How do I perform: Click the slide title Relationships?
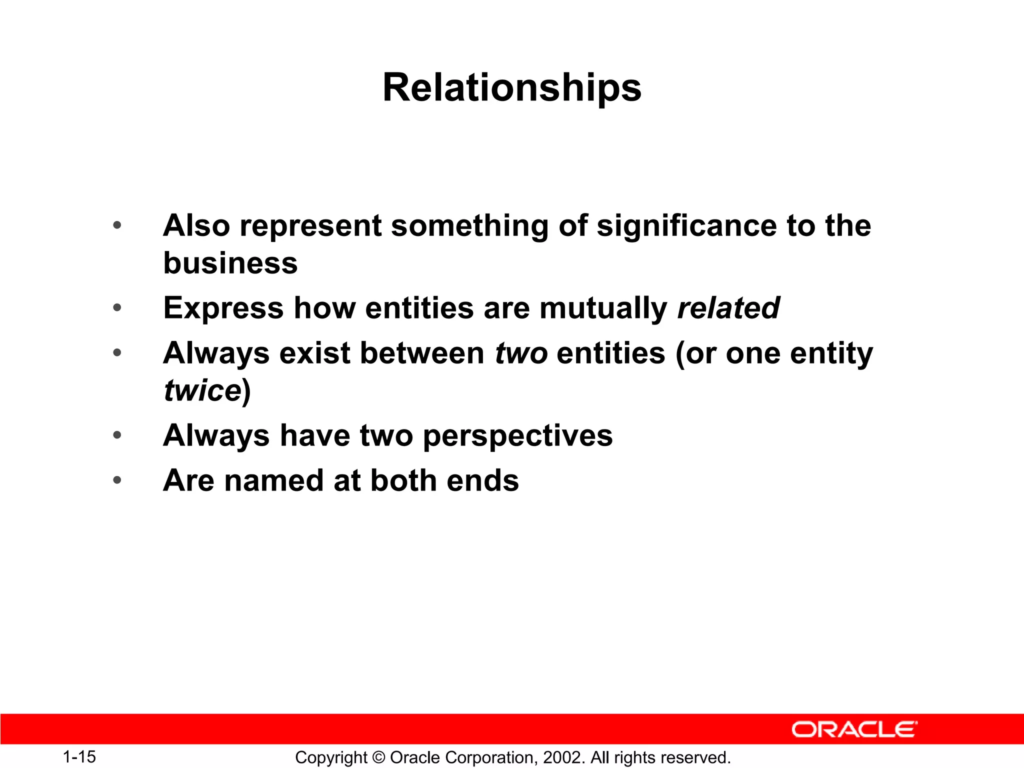point(511,88)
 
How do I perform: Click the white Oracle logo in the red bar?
point(854,729)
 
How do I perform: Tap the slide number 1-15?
point(79,756)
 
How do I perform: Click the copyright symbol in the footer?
point(378,757)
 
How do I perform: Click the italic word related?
point(728,307)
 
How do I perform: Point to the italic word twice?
point(203,390)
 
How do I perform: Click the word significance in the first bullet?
point(686,225)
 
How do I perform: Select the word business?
point(230,263)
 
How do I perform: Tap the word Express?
point(223,308)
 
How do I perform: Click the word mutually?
point(603,308)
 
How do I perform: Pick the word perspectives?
point(517,435)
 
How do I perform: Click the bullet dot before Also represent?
point(117,225)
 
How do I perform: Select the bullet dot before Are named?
point(117,480)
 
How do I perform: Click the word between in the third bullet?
point(422,353)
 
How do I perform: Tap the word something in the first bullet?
point(469,225)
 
